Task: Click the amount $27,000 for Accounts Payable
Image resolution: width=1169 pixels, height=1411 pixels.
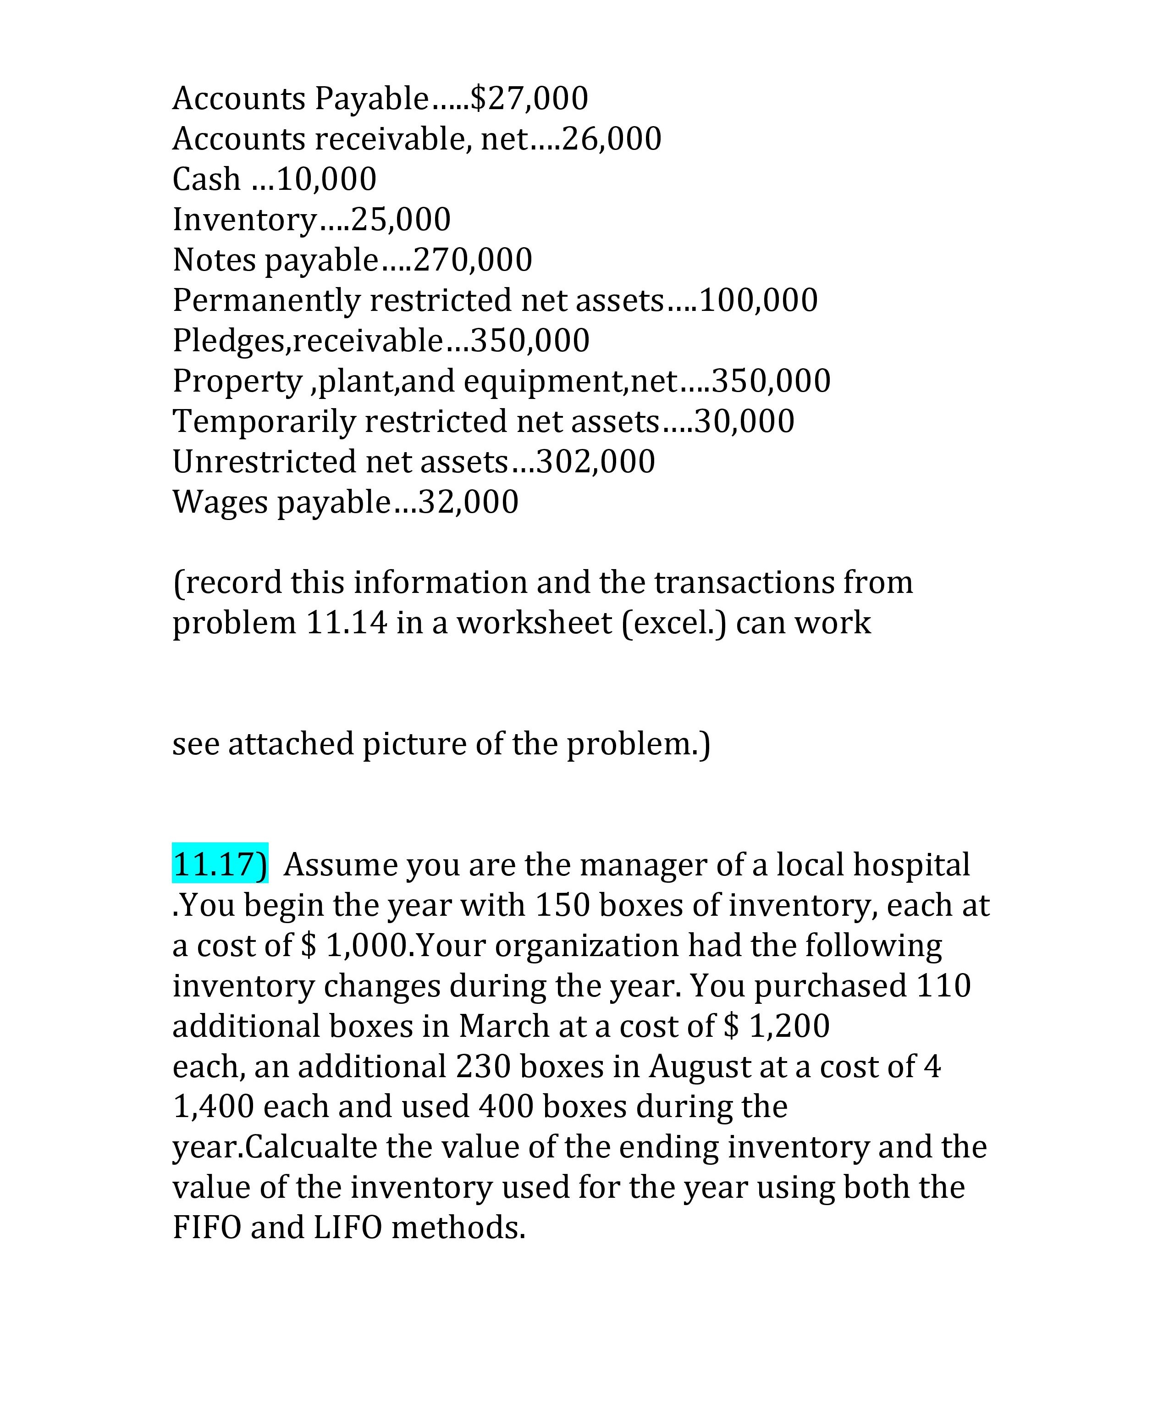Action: [x=529, y=99]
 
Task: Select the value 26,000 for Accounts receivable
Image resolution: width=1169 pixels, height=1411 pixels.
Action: [x=612, y=139]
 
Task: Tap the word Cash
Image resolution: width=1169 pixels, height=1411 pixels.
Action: [x=206, y=179]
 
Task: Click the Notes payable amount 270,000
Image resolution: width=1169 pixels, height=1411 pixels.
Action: [x=473, y=260]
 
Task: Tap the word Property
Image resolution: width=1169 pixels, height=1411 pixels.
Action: [x=237, y=381]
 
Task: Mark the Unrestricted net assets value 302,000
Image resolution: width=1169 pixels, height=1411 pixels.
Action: [x=596, y=462]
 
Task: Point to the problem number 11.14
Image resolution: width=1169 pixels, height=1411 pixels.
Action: [x=347, y=623]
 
